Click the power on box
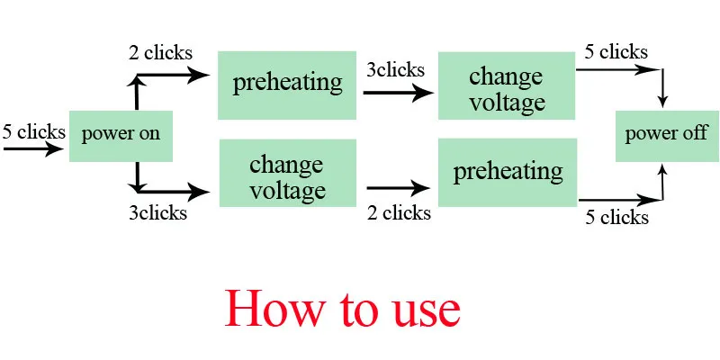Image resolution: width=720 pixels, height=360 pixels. coord(121,136)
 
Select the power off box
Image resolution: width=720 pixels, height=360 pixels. coord(667,136)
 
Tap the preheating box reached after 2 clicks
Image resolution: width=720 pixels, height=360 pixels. coord(287,85)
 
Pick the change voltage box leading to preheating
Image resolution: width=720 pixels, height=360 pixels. coord(288,173)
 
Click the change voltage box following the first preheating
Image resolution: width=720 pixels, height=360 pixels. coord(507,85)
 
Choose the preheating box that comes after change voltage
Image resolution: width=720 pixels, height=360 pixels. coord(508,172)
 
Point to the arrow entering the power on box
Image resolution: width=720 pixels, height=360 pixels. coord(33,148)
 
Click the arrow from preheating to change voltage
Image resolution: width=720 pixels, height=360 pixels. coord(398,94)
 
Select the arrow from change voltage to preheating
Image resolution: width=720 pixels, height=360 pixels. coord(398,188)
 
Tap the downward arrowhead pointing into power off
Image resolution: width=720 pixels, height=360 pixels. coord(662,102)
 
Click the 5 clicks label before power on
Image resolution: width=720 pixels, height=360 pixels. coord(33,131)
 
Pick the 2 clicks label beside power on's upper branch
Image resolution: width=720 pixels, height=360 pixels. coord(160,53)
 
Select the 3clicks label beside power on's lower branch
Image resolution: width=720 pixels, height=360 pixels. coord(158,212)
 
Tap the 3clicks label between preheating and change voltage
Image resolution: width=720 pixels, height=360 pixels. coord(395,70)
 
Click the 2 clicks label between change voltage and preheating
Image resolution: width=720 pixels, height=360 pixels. coord(399,212)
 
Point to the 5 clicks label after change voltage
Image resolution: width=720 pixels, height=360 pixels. coord(616,52)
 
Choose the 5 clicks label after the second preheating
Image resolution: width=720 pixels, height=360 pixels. coord(616,217)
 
